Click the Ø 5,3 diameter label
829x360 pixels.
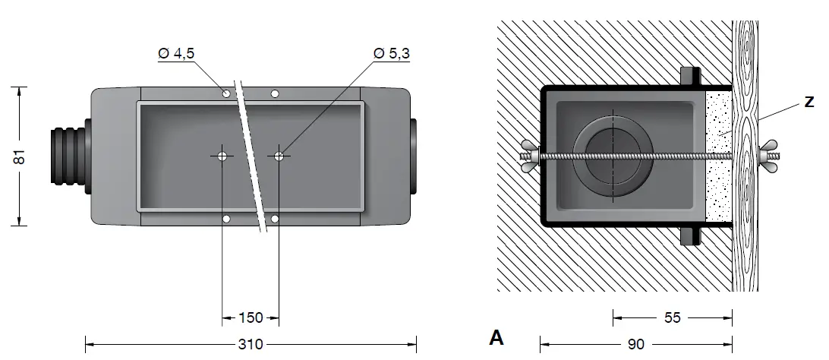[x=392, y=54]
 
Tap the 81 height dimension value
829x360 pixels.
[x=20, y=156]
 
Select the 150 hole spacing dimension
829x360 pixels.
[x=250, y=317]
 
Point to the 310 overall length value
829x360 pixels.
[x=250, y=344]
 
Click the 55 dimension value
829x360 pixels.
[x=673, y=317]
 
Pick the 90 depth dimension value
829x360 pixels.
[x=636, y=344]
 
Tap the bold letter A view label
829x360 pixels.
[x=496, y=337]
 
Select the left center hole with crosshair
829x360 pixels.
[x=222, y=156]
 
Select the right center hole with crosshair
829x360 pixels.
[x=279, y=156]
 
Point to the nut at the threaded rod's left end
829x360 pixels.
[x=530, y=157]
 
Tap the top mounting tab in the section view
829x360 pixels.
[x=689, y=77]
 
